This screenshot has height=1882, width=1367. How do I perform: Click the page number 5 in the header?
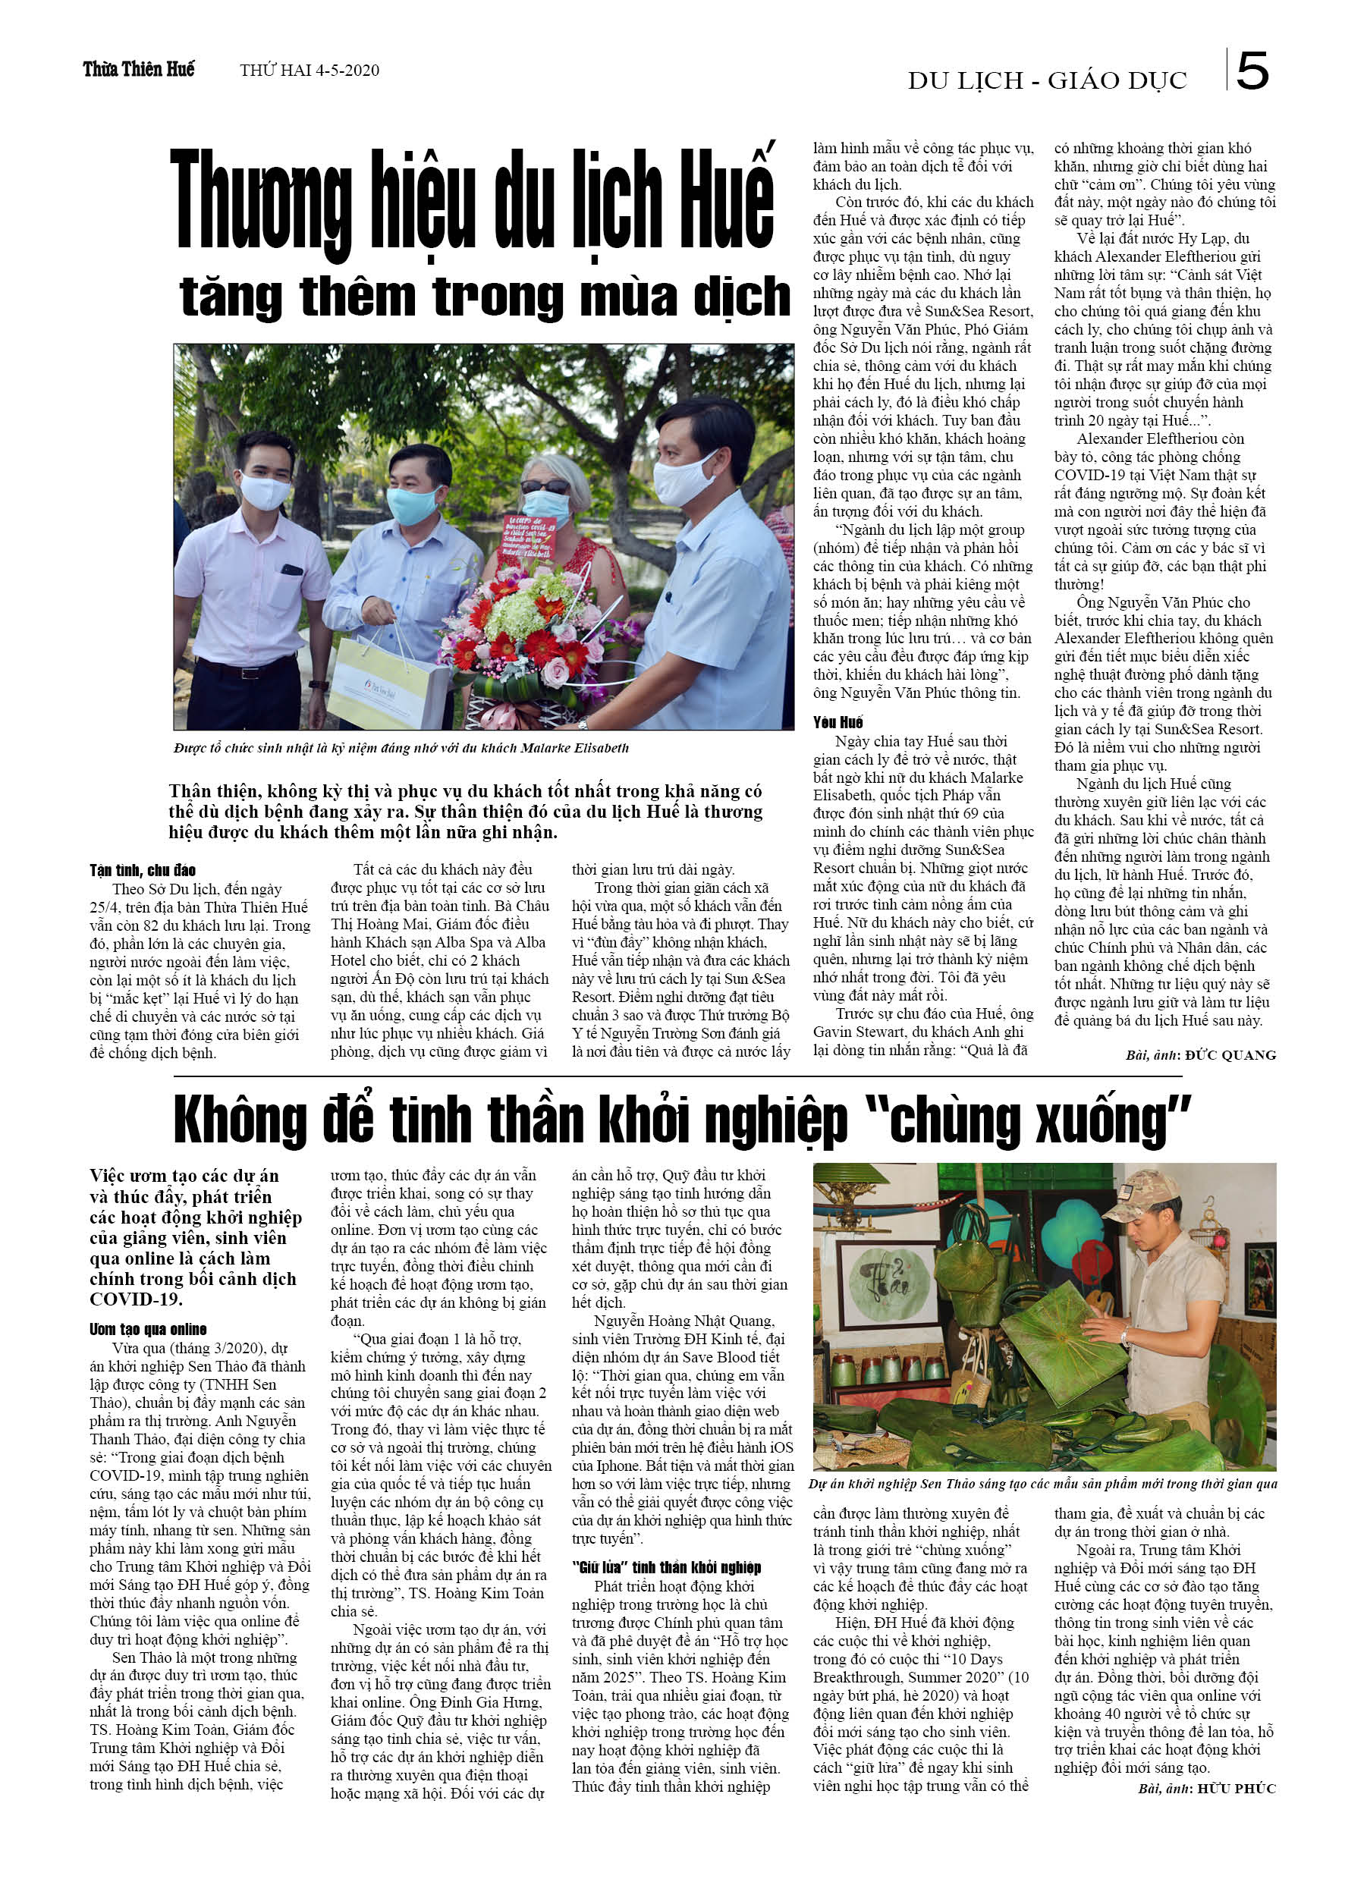1252,71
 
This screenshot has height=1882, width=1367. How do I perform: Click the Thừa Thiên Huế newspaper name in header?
139,70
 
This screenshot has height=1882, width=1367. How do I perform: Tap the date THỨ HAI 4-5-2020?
309,71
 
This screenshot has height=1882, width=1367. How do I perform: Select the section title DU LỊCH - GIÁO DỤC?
1047,80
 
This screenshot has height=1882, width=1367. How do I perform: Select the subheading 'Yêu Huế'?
837,722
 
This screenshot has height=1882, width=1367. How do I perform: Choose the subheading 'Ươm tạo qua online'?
148,1329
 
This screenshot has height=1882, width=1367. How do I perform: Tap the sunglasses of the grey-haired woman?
545,486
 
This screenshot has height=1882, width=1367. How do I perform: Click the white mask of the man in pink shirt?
265,492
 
